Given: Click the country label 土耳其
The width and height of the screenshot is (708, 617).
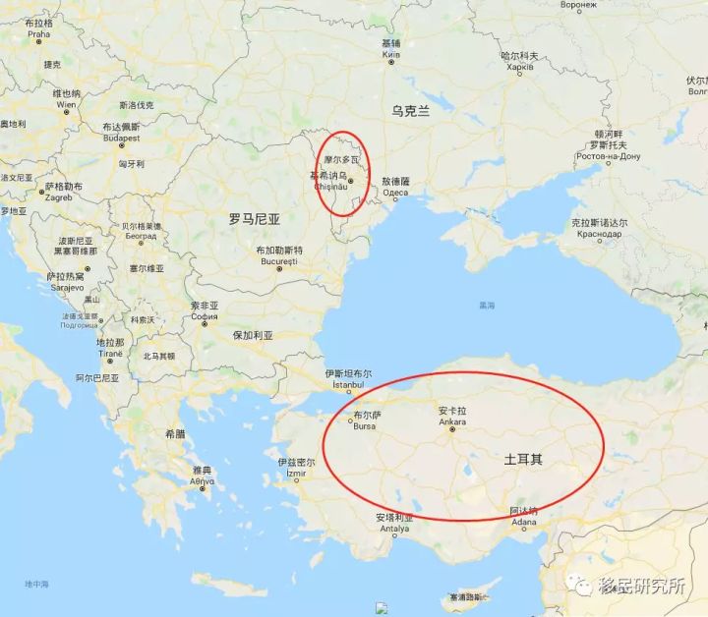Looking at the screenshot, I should [522, 459].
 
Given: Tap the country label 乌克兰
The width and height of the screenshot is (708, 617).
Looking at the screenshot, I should [410, 111].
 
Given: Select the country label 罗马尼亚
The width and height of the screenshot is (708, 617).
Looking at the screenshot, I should [255, 219].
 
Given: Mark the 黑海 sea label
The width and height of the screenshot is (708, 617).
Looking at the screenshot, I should [487, 305].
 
